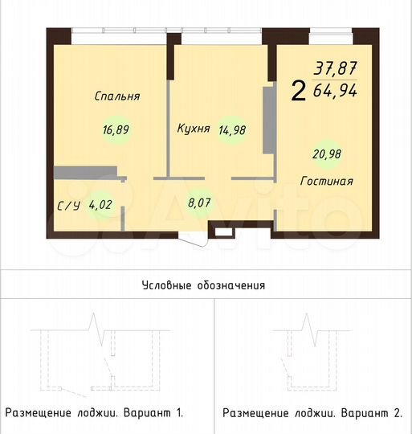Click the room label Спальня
[x=116, y=96]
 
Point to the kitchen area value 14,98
[x=233, y=133]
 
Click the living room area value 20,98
[x=326, y=154]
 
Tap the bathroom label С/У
[x=67, y=206]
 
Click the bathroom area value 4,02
[x=100, y=205]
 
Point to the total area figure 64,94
[x=335, y=89]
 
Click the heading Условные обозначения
[x=203, y=285]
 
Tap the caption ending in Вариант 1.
[x=95, y=413]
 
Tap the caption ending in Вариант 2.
[x=312, y=413]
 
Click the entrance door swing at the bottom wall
[x=192, y=238]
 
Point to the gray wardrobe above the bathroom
[x=85, y=171]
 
